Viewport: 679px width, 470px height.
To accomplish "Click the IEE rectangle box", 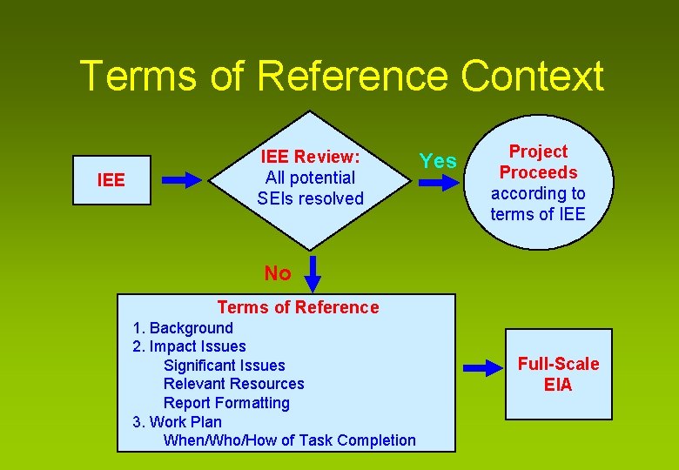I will click(x=111, y=180).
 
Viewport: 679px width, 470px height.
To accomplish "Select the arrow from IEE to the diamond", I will click(x=182, y=180).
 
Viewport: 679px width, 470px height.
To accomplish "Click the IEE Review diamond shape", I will click(x=311, y=178).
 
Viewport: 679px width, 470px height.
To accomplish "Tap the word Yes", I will click(x=437, y=161).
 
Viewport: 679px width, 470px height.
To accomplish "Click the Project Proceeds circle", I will click(x=538, y=183).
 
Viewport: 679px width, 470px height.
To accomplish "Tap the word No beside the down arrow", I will click(x=277, y=273).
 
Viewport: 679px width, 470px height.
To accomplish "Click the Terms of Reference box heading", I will click(x=298, y=307).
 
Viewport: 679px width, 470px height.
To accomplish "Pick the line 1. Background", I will click(x=183, y=328).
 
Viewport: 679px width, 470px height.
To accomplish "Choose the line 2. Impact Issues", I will click(x=189, y=346).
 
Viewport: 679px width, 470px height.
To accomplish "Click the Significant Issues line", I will click(x=224, y=366).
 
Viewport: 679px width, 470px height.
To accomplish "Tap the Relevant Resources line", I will click(x=233, y=384).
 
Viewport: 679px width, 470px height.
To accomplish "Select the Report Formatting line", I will click(x=226, y=403).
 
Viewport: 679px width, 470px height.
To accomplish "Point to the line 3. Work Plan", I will click(x=177, y=421).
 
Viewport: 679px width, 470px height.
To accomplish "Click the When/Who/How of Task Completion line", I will click(x=289, y=440).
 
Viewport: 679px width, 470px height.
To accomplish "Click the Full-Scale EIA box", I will click(x=559, y=373).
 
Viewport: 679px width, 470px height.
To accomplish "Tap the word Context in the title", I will click(x=532, y=76).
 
